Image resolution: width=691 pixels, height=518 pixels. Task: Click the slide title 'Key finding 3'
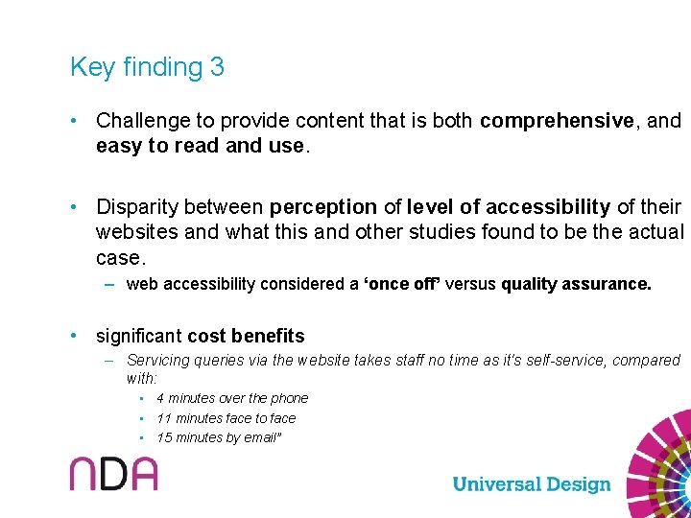click(147, 67)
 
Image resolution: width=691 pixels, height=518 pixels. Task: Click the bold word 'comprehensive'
click(557, 121)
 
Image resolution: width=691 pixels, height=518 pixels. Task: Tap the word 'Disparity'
click(132, 207)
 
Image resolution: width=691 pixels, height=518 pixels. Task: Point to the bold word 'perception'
click(323, 207)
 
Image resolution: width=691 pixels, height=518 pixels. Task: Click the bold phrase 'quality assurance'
click(575, 284)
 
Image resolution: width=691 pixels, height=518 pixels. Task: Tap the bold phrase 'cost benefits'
click(246, 337)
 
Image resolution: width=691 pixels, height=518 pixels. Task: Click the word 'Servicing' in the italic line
click(157, 361)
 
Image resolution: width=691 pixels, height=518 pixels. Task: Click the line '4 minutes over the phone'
click(232, 398)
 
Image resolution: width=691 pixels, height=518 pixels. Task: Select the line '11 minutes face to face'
click(226, 418)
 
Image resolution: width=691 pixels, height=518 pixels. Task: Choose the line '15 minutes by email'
click(219, 438)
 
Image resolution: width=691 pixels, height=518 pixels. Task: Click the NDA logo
click(113, 474)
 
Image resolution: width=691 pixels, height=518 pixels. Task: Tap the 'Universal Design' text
click(531, 484)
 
